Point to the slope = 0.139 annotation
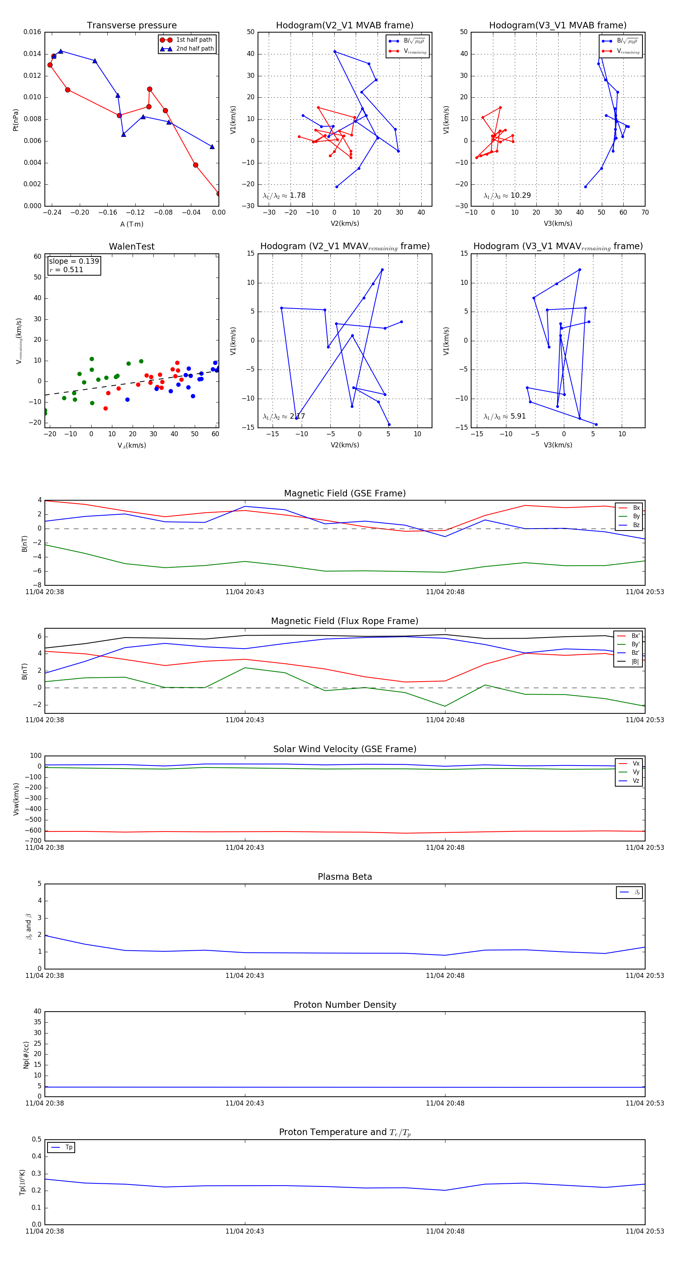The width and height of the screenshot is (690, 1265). pos(74,261)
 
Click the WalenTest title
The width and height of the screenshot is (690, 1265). pos(131,246)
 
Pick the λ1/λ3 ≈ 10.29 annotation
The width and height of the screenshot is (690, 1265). pos(507,195)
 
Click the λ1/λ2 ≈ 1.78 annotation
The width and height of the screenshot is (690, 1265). pos(284,195)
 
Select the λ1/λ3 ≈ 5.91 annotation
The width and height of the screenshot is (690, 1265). pos(504,416)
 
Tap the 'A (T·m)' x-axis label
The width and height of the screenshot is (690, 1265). pos(131,224)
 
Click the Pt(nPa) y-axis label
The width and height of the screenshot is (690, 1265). pos(16,119)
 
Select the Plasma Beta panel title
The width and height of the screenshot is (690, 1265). pos(345,877)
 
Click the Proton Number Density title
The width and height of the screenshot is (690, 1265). pos(345,1005)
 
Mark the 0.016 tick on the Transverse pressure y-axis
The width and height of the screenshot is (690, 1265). pos(33,32)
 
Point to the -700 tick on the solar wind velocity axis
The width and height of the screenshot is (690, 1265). pos(33,841)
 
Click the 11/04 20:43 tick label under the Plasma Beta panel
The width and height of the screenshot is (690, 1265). pos(245,975)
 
